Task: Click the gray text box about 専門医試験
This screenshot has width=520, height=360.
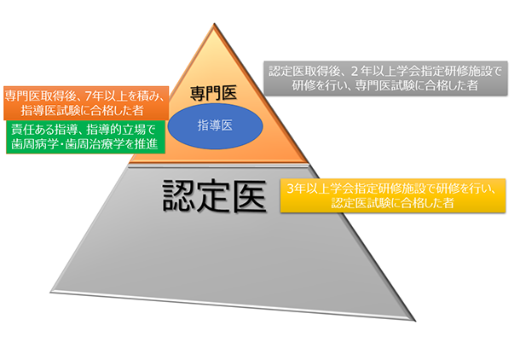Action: pyautogui.click(x=384, y=78)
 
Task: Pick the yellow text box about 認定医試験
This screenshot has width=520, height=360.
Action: pyautogui.click(x=392, y=195)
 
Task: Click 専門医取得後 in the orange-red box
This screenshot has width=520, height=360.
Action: pyautogui.click(x=37, y=93)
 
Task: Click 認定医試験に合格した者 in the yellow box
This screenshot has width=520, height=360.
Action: pyautogui.click(x=392, y=203)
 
